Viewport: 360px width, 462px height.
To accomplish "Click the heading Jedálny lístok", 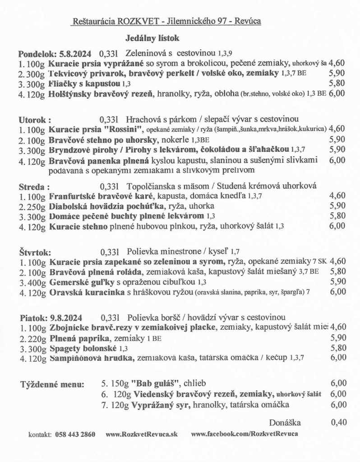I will (x=152, y=39).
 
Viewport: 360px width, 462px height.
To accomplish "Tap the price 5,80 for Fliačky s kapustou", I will (x=337, y=84).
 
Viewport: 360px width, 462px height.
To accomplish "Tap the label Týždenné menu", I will (x=52, y=385).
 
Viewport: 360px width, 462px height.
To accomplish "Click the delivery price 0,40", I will (x=338, y=423).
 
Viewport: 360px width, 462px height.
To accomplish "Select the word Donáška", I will (x=285, y=423).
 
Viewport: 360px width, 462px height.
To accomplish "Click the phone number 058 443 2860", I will (x=75, y=434).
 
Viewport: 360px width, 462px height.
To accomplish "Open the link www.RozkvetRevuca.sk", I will (x=142, y=434).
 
